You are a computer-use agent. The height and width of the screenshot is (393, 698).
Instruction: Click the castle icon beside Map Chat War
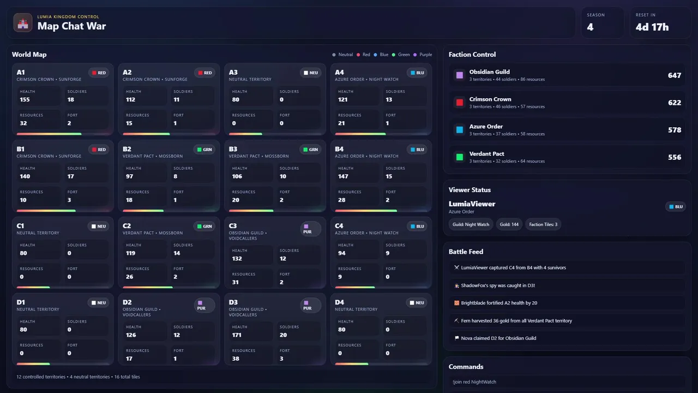(23, 23)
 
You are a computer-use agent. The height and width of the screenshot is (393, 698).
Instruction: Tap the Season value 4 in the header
(590, 27)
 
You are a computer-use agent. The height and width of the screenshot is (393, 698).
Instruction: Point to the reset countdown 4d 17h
(652, 27)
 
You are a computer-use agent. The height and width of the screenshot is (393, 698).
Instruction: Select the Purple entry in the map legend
(423, 55)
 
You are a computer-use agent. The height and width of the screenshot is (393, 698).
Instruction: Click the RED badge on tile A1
(99, 73)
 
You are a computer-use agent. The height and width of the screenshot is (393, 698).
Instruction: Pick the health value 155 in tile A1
(25, 100)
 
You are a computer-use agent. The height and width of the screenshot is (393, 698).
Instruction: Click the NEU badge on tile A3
(311, 73)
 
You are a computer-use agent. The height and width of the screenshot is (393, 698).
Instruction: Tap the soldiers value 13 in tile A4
(389, 100)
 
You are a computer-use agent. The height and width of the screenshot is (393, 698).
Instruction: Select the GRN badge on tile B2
(204, 150)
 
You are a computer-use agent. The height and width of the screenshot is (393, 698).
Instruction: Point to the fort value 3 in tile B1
(69, 200)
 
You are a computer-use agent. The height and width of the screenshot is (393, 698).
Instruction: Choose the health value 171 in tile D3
(237, 335)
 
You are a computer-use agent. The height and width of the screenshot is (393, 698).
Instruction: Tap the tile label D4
(339, 302)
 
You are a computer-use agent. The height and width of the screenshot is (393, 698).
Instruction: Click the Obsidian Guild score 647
(675, 75)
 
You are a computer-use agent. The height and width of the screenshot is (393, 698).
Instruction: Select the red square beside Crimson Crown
(460, 103)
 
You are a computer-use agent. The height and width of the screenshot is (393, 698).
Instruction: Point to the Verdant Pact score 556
(675, 157)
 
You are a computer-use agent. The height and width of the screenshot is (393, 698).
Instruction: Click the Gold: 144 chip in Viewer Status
(509, 224)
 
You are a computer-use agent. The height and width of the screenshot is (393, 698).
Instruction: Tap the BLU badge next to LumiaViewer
(676, 207)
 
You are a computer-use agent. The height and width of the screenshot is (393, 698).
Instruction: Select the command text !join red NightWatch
(474, 382)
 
